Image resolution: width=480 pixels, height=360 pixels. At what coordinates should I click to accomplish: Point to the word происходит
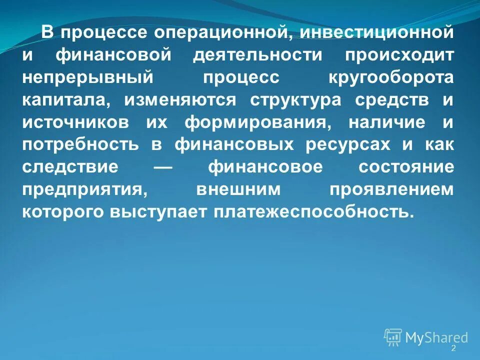click(x=399, y=56)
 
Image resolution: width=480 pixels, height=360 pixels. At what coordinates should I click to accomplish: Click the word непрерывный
click(x=86, y=78)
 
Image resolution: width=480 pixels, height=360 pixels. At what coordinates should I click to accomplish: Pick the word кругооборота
click(x=391, y=78)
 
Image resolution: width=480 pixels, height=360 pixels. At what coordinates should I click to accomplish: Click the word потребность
click(x=80, y=145)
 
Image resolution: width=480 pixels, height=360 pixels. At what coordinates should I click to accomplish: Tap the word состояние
click(x=406, y=167)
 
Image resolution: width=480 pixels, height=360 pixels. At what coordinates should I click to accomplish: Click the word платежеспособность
click(x=313, y=212)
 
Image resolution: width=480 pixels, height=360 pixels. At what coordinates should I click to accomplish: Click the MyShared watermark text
click(x=436, y=338)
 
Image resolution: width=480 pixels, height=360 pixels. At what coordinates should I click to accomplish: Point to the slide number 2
click(x=453, y=348)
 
